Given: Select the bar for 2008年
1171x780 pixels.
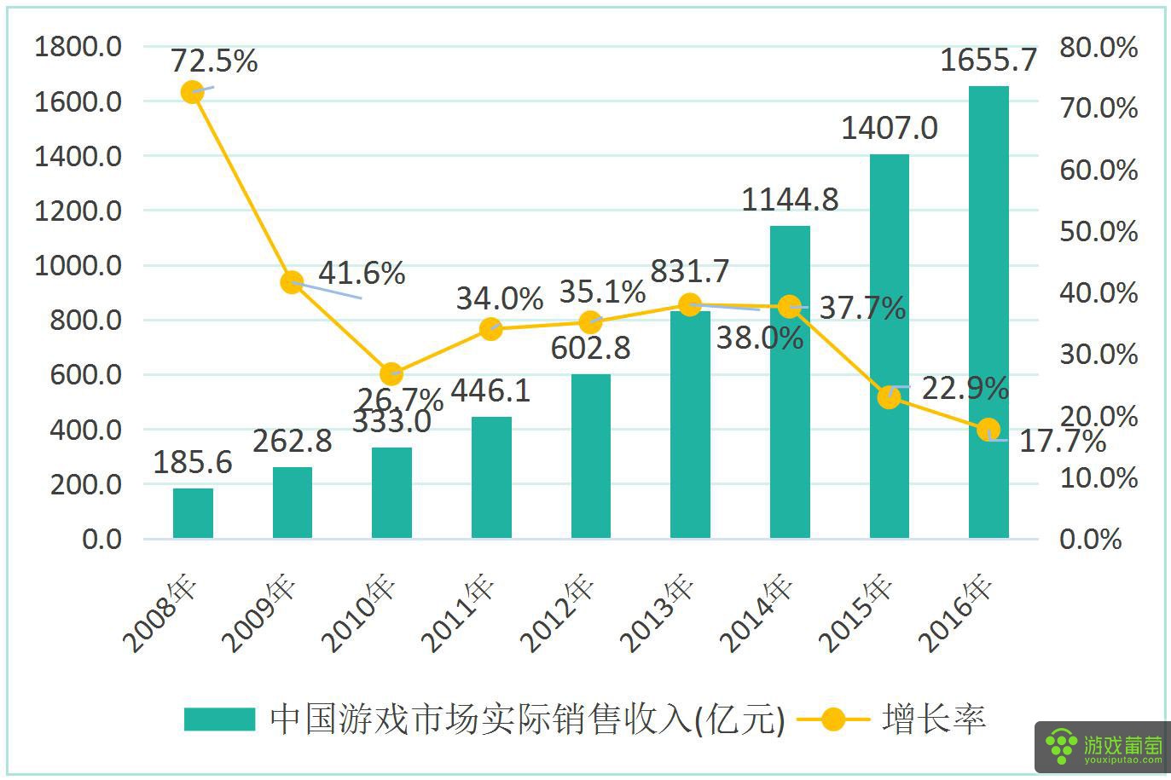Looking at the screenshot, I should point(193,513).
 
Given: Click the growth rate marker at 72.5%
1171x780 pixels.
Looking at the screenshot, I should point(193,92).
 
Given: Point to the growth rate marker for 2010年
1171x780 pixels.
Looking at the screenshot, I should point(391,373).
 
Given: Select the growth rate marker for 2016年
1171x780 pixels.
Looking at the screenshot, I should point(988,429).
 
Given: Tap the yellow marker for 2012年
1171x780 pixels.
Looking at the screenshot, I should point(590,322).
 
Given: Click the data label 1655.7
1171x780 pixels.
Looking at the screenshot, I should point(988,61).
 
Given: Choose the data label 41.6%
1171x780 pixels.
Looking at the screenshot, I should point(361,273).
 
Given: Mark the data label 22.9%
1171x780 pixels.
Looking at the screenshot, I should point(965,388).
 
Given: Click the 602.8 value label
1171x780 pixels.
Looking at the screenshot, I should point(590,348).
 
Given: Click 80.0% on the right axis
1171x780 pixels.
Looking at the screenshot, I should point(1099,48).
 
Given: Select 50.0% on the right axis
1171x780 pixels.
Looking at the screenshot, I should point(1099,232).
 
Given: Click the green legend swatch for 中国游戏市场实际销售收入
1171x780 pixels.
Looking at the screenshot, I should point(219,719).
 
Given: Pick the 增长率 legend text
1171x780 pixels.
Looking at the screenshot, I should point(934,719).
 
